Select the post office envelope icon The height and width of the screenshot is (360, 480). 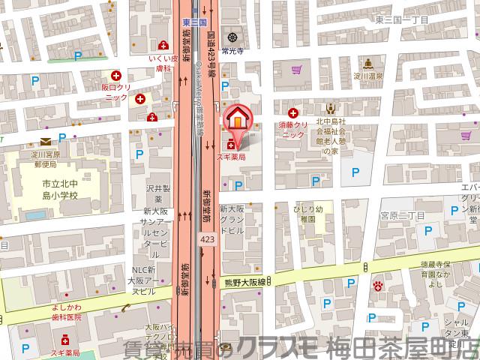coord(46,141)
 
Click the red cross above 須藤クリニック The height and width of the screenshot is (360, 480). coord(292,112)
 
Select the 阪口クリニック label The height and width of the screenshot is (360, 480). coord(116,92)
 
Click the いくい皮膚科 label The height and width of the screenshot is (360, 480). coord(163,61)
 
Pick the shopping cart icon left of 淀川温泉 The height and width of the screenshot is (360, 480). coord(297,71)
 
